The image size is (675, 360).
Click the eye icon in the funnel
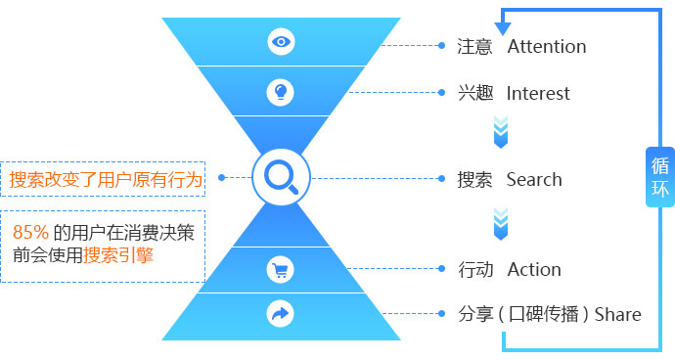281,42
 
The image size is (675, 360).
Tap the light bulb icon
280,92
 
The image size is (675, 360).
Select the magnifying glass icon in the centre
281,177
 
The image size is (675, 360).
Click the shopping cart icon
280,270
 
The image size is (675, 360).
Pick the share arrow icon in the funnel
280,313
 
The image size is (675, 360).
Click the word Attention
547,47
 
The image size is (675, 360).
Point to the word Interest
538,94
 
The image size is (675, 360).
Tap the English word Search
534,180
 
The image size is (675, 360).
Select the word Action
534,270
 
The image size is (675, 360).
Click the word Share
617,314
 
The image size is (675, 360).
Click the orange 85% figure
30,232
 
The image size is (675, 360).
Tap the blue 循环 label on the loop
660,177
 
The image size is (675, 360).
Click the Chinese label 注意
474,47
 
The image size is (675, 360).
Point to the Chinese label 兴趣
475,93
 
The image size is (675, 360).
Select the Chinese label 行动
475,270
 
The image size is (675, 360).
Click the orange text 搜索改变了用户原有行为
106,180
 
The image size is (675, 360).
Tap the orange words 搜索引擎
118,255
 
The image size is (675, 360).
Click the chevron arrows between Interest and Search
501,132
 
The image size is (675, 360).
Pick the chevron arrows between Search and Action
501,223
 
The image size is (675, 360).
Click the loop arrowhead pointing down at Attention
503,28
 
